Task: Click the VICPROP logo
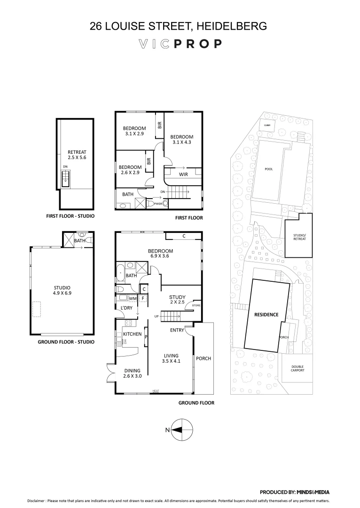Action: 180,44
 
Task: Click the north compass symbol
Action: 181,429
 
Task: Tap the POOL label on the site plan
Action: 269,169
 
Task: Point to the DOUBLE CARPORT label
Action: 297,368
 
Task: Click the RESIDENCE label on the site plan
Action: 266,315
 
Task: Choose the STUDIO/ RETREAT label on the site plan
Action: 299,237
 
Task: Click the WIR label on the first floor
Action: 184,174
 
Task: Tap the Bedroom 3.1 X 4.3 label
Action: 181,139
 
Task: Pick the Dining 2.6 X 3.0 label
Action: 132,373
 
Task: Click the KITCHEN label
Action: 132,334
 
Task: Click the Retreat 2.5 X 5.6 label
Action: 77,155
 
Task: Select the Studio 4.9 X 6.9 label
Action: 62,290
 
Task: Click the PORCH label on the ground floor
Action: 203,358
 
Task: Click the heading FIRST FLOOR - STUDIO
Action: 67,216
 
